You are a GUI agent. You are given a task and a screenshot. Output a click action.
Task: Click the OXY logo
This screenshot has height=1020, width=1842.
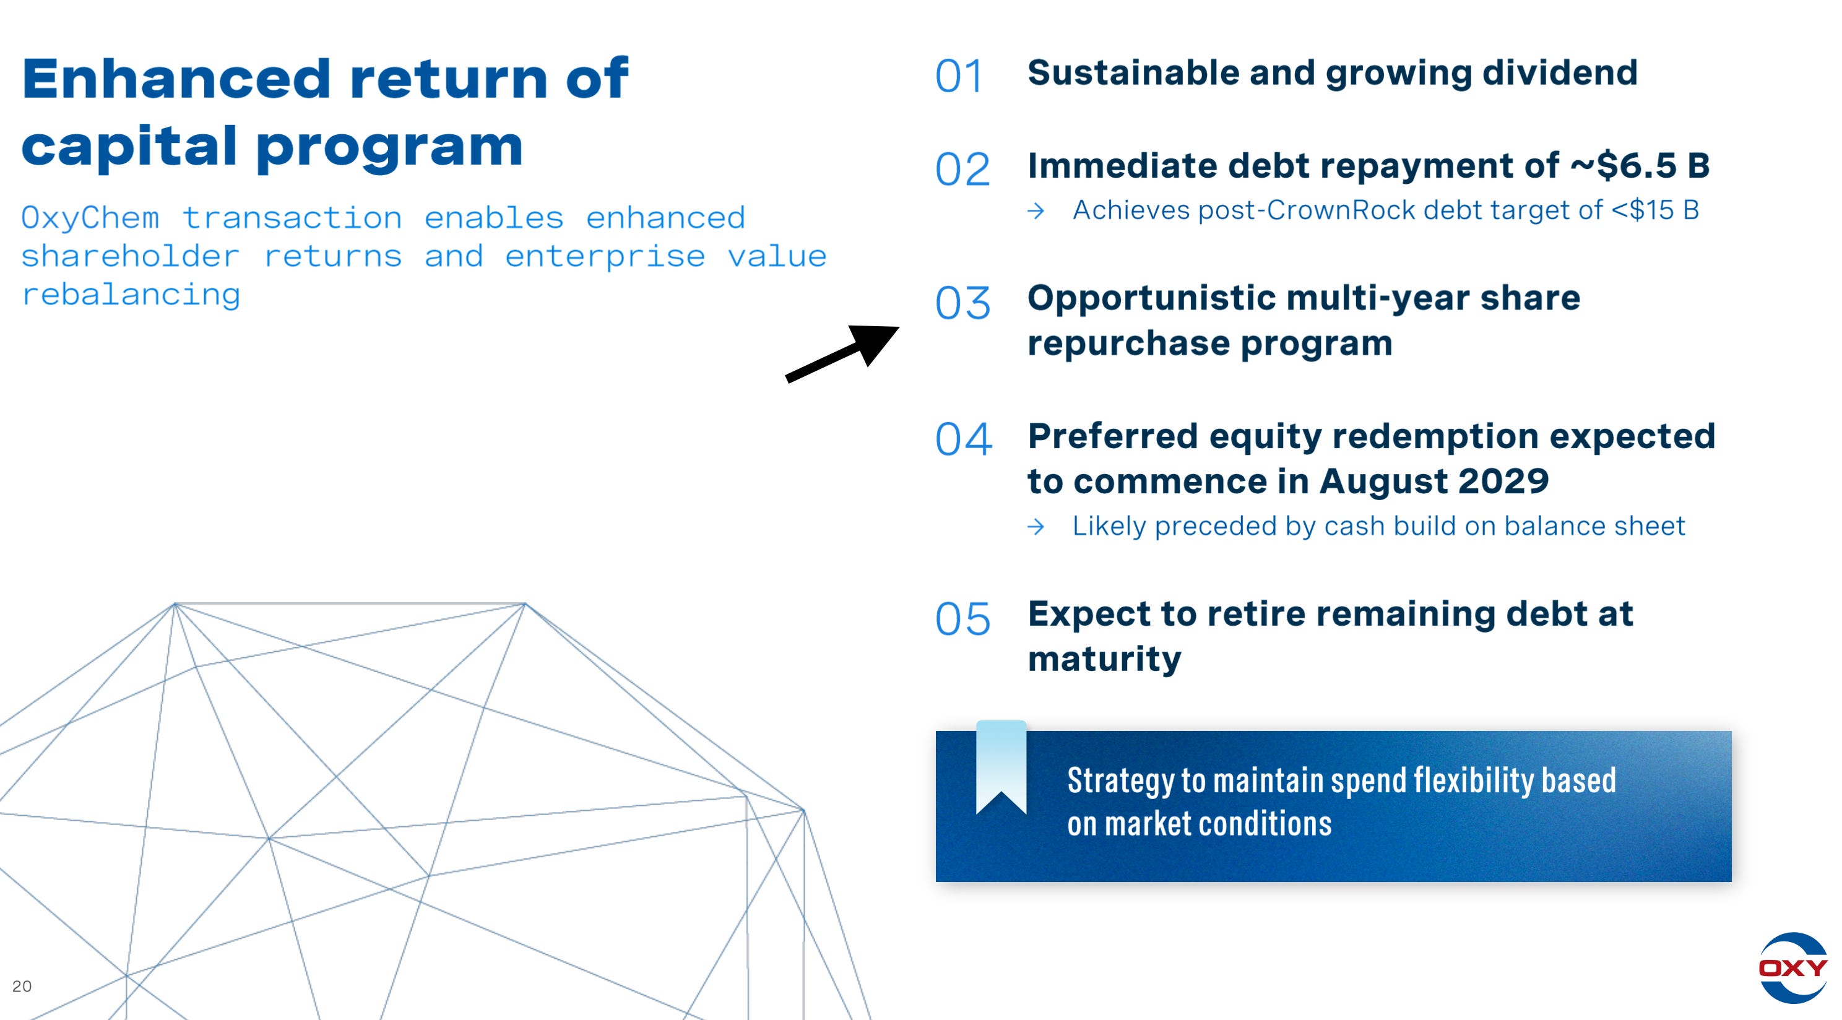[1792, 967]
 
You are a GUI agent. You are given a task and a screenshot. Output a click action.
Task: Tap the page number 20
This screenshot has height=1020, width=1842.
[22, 987]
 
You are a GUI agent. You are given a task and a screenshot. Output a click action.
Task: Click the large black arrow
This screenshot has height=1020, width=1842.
[842, 353]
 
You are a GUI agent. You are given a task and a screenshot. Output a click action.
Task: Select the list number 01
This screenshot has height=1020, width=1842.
[959, 76]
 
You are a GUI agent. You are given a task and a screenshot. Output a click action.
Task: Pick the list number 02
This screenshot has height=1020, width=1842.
[962, 170]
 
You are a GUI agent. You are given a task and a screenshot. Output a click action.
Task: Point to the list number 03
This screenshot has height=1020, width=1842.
[962, 303]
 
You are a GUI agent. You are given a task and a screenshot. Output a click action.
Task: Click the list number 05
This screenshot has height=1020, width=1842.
[962, 619]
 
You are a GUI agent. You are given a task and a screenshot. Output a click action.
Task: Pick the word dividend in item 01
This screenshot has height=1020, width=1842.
[1560, 73]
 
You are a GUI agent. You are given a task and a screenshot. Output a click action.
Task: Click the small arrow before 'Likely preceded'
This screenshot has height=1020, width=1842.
[1036, 527]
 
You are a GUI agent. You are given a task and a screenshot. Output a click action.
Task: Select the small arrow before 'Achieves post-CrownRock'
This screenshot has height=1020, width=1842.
[1036, 211]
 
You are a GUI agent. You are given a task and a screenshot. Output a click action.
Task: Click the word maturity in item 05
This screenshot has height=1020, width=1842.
[1104, 659]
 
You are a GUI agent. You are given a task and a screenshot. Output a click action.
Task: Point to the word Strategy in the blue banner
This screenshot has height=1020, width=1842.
[1120, 780]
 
